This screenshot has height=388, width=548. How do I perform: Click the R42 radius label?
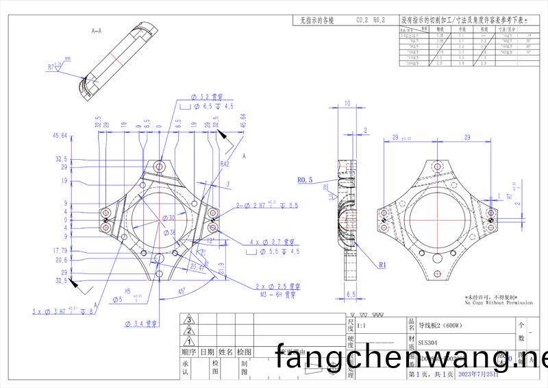[x=225, y=165]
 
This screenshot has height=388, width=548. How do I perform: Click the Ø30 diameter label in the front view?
[x=169, y=218]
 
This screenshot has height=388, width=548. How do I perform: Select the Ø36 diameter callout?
[x=169, y=232]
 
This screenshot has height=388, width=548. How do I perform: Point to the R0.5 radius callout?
[x=306, y=180]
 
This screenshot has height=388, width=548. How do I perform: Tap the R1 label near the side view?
[x=384, y=263]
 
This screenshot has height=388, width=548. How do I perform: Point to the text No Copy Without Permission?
[x=498, y=302]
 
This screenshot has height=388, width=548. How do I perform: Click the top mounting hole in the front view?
[x=160, y=167]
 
